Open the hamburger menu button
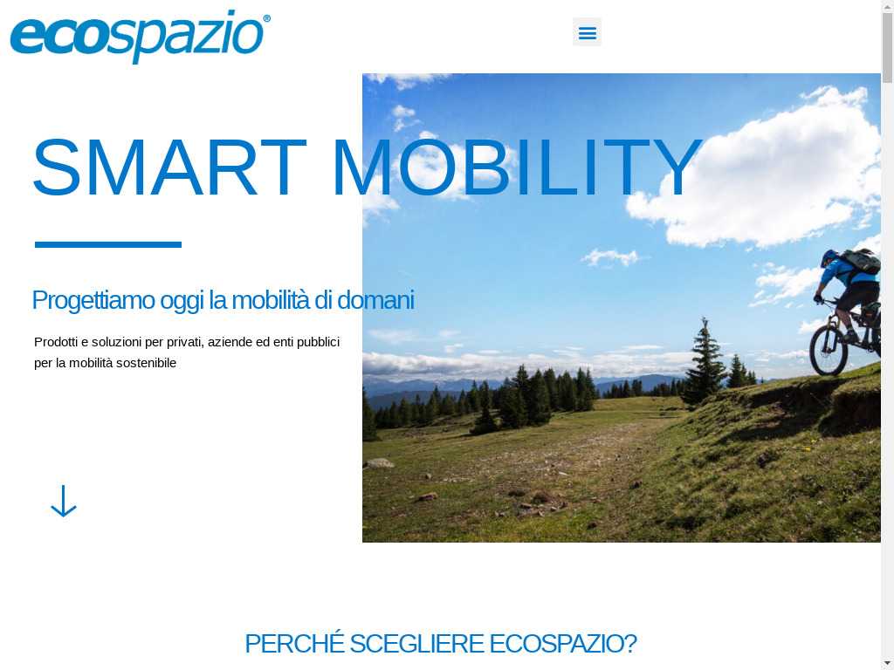click(587, 32)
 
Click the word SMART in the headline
click(169, 167)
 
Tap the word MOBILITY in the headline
click(517, 167)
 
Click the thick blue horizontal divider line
click(108, 244)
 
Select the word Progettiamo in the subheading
click(93, 301)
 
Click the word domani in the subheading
click(375, 300)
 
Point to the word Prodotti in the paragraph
click(56, 342)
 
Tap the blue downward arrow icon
click(63, 502)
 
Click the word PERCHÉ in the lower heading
click(294, 643)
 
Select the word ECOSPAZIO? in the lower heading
click(563, 644)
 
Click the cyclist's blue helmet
click(829, 257)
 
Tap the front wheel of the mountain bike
click(829, 349)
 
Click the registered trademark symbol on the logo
click(266, 19)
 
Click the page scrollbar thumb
click(887, 48)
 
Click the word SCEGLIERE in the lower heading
click(416, 644)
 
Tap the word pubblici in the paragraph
click(318, 342)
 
